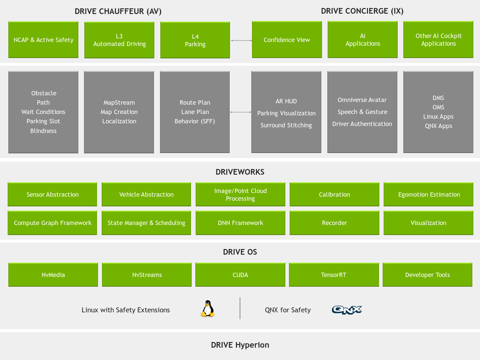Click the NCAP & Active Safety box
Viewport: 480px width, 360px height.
pyautogui.click(x=43, y=40)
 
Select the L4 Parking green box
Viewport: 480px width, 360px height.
pyautogui.click(x=195, y=40)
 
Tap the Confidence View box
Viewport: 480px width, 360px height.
pyautogui.click(x=287, y=40)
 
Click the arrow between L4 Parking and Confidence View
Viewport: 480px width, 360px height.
pyautogui.click(x=241, y=40)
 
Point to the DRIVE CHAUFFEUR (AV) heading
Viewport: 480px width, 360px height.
pyautogui.click(x=118, y=11)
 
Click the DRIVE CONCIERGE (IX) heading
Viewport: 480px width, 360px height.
pyautogui.click(x=362, y=11)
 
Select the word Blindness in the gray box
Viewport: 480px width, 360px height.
pyautogui.click(x=43, y=131)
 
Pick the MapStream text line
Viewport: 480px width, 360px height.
pyautogui.click(x=119, y=103)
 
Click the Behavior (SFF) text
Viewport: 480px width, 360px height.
pyautogui.click(x=195, y=121)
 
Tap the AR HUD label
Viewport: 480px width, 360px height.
pyautogui.click(x=286, y=101)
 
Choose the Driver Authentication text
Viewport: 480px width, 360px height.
pyautogui.click(x=362, y=124)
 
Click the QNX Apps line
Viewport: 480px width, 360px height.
pyautogui.click(x=438, y=126)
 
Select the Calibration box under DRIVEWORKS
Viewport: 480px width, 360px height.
pyautogui.click(x=334, y=194)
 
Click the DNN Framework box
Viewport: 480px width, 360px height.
pyautogui.click(x=240, y=223)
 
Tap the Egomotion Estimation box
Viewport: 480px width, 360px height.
pyautogui.click(x=428, y=194)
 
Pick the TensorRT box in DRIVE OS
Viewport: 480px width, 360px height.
pyautogui.click(x=334, y=275)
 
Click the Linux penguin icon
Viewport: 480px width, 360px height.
pyautogui.click(x=208, y=308)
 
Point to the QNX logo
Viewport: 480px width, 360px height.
pyautogui.click(x=347, y=310)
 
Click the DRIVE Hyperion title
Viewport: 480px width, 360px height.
pyautogui.click(x=240, y=345)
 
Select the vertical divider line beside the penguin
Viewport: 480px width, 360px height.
pyautogui.click(x=240, y=308)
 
